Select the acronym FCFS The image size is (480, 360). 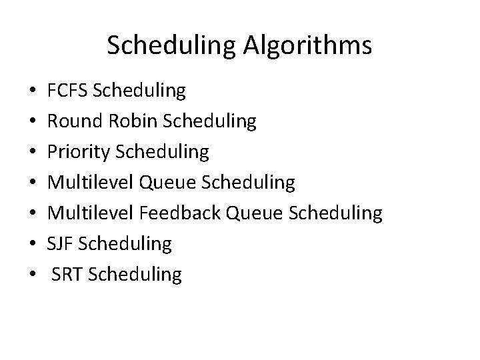tap(69, 90)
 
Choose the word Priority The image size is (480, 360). tap(78, 152)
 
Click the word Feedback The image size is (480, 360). tap(181, 213)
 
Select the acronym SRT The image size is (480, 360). tap(67, 275)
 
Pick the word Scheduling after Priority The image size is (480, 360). tap(162, 152)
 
